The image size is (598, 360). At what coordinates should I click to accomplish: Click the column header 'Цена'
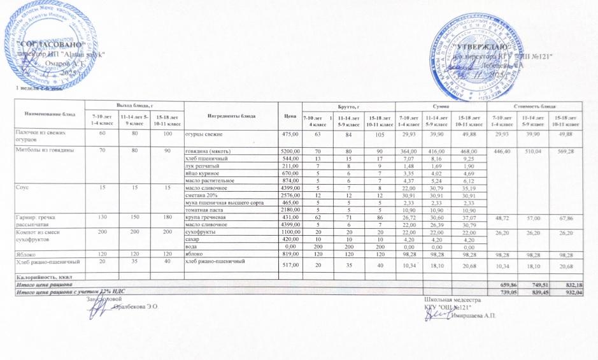tap(292, 117)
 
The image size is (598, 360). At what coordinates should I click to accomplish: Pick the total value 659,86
tap(497, 284)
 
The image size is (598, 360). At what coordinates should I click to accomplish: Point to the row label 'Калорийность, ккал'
tap(43, 277)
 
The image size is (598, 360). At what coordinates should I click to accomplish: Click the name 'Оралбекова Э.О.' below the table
tap(135, 307)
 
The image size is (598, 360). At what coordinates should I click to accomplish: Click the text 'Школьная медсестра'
tap(452, 299)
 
